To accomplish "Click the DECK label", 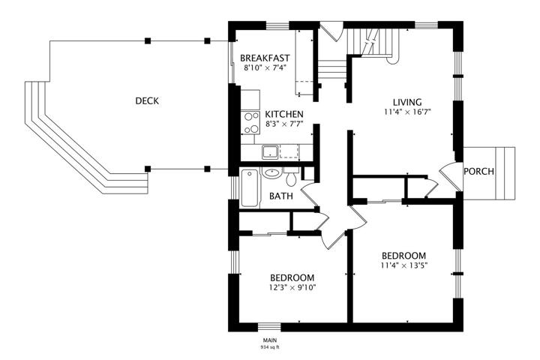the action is click(x=147, y=101).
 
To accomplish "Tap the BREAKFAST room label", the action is click(x=265, y=58).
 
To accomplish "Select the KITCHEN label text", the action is click(x=284, y=114).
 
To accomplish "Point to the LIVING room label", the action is click(x=407, y=102).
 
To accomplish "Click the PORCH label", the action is click(x=478, y=171).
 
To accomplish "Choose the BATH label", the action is click(x=281, y=196).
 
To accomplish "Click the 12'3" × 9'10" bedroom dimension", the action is click(x=292, y=287).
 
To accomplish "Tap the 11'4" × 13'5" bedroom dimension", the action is click(x=404, y=265).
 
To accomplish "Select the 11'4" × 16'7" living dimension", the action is click(x=408, y=112).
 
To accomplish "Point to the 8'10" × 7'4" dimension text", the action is click(x=265, y=67).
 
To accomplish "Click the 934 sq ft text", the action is click(x=270, y=347).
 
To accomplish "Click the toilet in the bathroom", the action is click(x=292, y=176).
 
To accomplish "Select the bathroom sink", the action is click(x=272, y=173).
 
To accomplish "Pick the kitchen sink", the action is click(x=271, y=152).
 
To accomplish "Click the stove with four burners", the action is click(x=250, y=123).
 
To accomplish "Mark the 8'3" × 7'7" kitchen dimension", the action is click(x=284, y=124).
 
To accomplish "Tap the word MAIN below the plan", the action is click(x=270, y=340).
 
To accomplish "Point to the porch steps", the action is click(x=505, y=173).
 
